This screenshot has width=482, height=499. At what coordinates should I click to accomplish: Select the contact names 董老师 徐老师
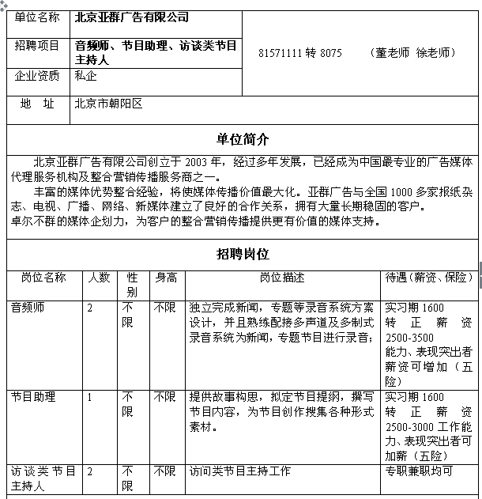[x=412, y=53]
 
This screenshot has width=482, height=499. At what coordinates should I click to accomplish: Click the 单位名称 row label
[x=37, y=17]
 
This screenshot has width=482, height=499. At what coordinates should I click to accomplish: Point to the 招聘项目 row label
[x=37, y=46]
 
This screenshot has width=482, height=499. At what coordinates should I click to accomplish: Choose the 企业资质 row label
[x=37, y=77]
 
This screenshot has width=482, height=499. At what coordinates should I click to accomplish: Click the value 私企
[x=86, y=77]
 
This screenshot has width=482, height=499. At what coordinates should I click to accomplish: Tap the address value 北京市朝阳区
[x=108, y=104]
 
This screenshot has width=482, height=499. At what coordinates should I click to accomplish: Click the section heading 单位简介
[x=243, y=139]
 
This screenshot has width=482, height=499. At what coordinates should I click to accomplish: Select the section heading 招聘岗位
[x=243, y=254]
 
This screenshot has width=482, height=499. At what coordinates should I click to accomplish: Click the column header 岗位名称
[x=43, y=278]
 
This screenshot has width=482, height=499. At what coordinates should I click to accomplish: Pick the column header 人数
[x=98, y=278]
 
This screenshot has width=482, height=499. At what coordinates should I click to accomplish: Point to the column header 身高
[x=166, y=278]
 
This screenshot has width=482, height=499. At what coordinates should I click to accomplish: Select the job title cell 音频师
[x=28, y=308]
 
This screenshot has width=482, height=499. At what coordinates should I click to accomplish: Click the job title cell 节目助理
[x=33, y=397]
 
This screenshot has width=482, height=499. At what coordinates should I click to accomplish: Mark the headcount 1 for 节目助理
[x=90, y=397]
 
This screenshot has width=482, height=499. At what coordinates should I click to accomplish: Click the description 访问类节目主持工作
[x=239, y=471]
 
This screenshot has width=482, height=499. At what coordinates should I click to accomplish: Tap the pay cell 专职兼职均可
[x=418, y=471]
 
